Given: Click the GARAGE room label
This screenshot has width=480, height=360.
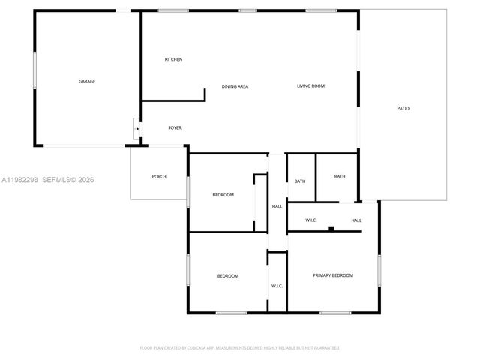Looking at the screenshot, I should [x=87, y=81].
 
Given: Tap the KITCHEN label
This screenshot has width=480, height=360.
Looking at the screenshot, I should [x=174, y=59].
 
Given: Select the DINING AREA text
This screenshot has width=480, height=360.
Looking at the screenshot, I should [x=235, y=86].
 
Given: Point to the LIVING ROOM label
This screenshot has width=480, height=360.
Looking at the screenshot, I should [x=310, y=86].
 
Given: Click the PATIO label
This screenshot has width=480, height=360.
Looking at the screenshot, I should [x=403, y=109].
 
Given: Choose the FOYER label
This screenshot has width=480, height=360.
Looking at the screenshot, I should [x=175, y=127].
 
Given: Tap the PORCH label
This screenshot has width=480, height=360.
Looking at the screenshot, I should [x=159, y=176].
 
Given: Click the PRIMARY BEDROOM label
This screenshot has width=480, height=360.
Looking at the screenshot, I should [x=333, y=275].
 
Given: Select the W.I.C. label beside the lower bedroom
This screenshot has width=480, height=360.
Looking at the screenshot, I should [x=277, y=286].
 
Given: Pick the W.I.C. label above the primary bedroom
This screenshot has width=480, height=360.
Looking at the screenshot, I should [x=311, y=220].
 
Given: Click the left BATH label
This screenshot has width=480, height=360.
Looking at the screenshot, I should [x=300, y=181].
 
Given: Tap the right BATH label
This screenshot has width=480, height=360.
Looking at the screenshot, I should [x=340, y=176].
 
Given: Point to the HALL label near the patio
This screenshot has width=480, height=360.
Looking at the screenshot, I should [x=357, y=220].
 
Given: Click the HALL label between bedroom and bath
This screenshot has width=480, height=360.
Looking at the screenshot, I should [x=277, y=206].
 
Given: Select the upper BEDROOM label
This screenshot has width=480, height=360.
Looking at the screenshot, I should [x=223, y=195].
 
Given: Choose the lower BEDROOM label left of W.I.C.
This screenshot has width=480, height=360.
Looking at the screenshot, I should [x=228, y=276].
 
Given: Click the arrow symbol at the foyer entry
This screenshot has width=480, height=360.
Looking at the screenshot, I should [x=136, y=128].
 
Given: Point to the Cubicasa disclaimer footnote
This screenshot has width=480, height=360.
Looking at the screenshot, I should [x=240, y=348].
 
